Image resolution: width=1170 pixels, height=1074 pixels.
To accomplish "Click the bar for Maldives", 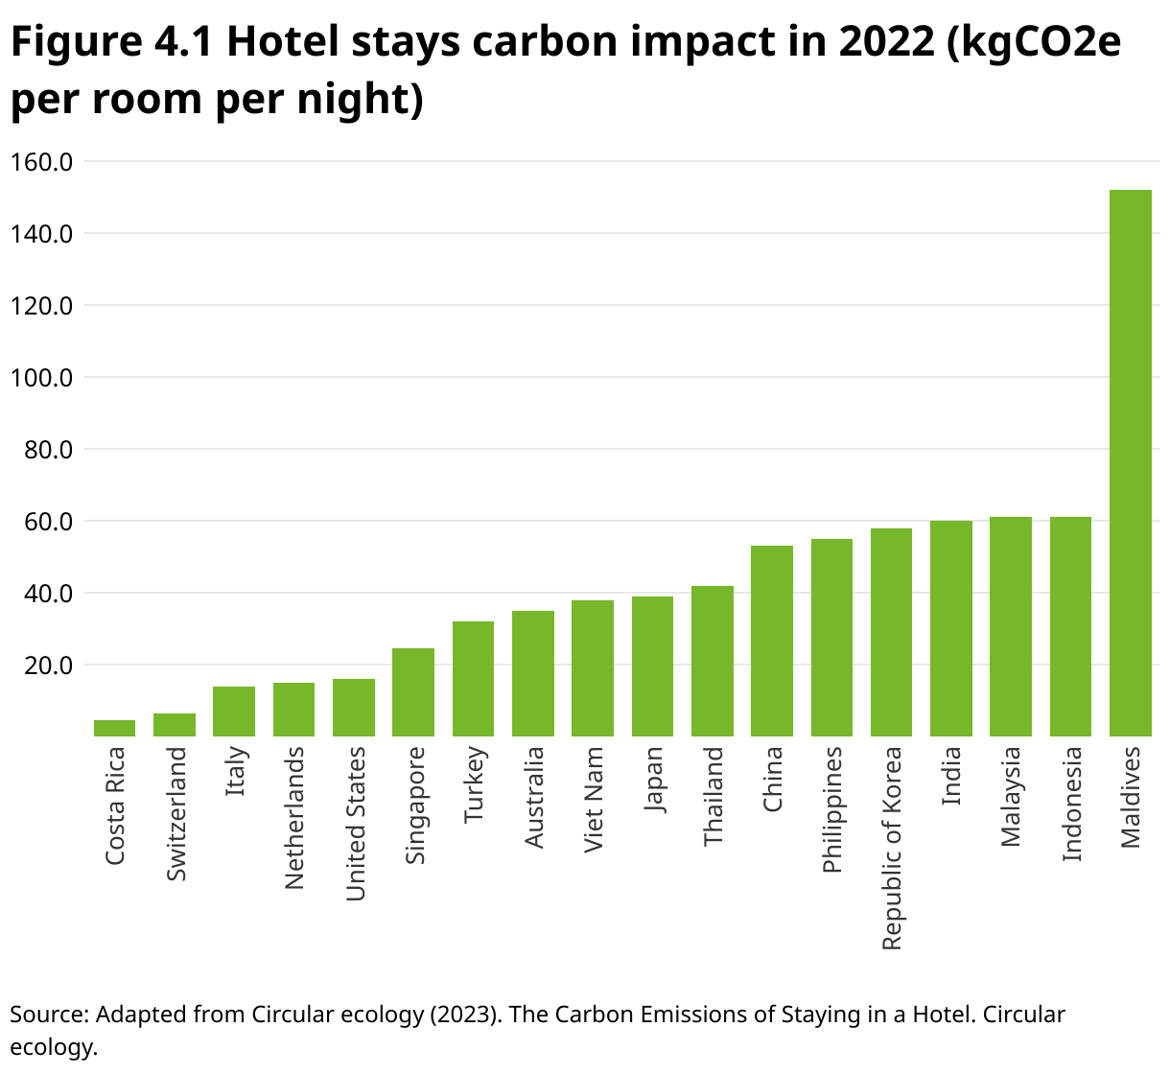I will coord(1130,463).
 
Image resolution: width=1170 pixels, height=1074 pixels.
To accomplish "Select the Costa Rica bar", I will coord(114,728).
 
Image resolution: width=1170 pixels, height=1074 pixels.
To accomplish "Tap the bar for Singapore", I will coord(413,692).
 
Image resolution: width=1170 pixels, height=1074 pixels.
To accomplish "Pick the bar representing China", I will coord(772,641).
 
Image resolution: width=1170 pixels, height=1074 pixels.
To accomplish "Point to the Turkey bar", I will coord(473,679).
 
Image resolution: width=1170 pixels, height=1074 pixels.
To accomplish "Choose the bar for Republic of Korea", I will coord(891,632).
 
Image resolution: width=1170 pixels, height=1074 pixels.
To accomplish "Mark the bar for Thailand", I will coord(713,661).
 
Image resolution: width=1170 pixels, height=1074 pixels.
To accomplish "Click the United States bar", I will coord(354,708).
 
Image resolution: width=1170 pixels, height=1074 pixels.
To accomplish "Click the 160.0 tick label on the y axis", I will coord(41,162).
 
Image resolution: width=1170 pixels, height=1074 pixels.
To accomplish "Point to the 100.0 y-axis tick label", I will coord(41,378).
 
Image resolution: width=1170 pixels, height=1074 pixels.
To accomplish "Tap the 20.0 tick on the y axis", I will coord(41,665).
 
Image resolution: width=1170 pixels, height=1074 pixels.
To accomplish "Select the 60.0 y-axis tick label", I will coord(41,522).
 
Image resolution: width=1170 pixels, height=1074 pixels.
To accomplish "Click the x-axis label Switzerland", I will coord(176,813).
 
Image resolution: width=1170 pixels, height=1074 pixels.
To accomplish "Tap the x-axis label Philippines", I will coord(832,809).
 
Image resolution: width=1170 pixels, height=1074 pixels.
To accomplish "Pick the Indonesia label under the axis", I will coord(1071,804).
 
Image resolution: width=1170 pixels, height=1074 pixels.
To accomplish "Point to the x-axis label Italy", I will coord(236,772).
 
